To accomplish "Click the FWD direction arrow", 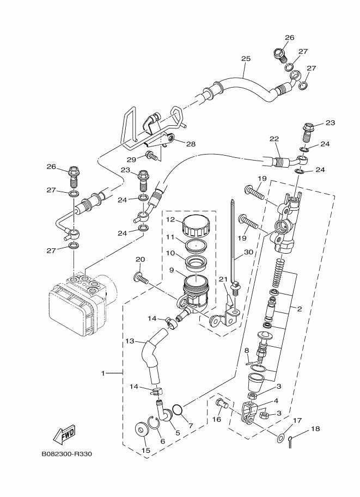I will (64, 434).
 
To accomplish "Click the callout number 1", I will (102, 373).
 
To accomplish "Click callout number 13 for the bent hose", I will (130, 341).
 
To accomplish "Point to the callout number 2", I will (299, 309).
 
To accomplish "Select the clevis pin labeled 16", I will (219, 403).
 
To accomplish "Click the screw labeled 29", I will (152, 157).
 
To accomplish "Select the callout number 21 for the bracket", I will (222, 279).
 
